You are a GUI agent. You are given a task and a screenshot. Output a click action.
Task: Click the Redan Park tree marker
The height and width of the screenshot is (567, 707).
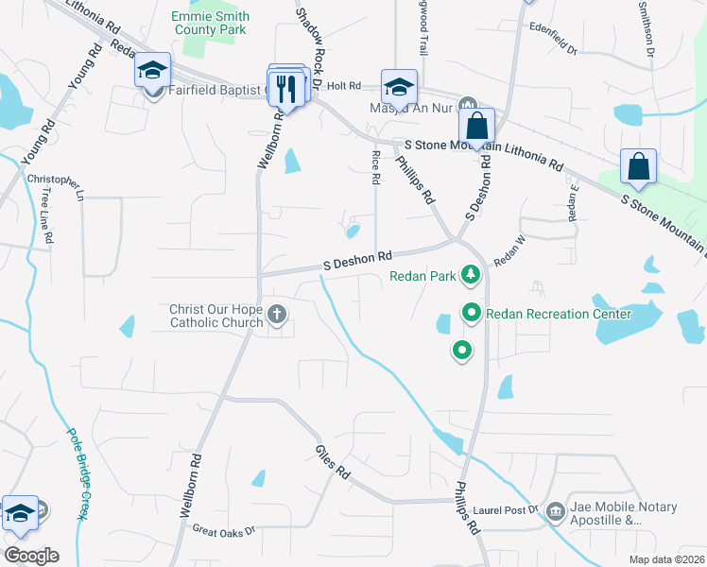[x=470, y=276]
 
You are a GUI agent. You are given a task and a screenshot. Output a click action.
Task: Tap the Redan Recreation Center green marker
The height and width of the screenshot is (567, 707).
[x=471, y=312]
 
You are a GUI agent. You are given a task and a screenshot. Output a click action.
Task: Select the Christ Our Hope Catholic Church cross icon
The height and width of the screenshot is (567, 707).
[x=277, y=314]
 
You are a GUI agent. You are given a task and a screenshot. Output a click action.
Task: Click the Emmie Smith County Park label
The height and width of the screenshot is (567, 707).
[x=211, y=24]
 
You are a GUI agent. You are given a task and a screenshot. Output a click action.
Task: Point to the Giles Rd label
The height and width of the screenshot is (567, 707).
[x=333, y=461]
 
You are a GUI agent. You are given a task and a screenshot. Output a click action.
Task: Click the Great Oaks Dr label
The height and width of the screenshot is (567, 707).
[x=224, y=531]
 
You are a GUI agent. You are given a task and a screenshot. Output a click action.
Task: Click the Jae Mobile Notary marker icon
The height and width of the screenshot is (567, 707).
[x=556, y=511]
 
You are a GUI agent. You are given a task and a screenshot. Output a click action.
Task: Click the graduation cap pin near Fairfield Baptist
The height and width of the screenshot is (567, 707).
[x=152, y=72]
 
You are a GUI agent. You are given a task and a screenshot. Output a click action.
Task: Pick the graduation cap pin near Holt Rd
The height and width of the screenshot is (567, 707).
[x=399, y=87]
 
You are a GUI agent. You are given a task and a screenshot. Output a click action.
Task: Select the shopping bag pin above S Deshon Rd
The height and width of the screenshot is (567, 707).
[x=478, y=125]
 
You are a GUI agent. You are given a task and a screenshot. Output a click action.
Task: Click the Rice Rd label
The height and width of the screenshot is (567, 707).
[x=375, y=166]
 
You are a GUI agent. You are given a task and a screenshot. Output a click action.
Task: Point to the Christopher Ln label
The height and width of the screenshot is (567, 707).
[x=55, y=180]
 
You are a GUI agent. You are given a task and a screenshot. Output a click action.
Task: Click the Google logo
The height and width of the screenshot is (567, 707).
[x=31, y=555]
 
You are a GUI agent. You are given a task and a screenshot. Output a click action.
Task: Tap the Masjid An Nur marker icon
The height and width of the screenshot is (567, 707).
[x=467, y=106]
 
